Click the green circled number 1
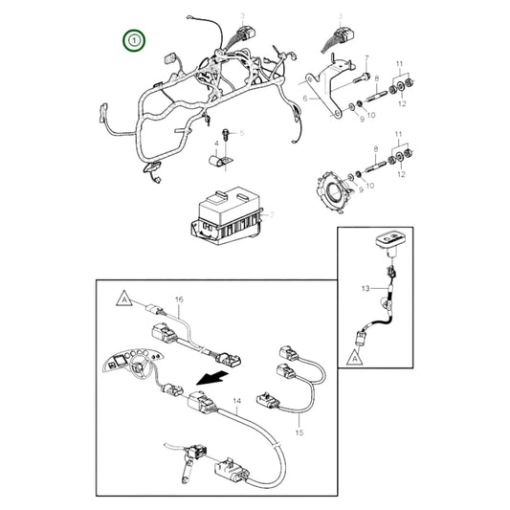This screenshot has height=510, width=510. pos(135,40)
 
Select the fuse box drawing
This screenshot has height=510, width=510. pos(227,216)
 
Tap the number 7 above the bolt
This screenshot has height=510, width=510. pos(366,57)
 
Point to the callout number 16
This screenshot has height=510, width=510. pos(178,300)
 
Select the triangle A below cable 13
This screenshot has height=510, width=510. pos(355,354)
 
